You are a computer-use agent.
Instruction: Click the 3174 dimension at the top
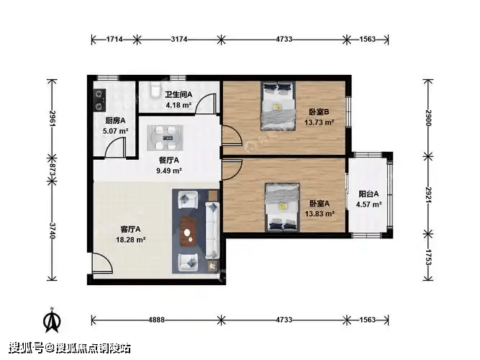click(179, 39)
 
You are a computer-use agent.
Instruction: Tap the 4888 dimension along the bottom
click(156, 320)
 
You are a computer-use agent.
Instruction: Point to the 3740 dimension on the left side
click(53, 230)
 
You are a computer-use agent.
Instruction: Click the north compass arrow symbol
click(52, 320)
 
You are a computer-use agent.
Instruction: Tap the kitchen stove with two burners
click(99, 100)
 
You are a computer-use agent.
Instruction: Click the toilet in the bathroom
click(155, 89)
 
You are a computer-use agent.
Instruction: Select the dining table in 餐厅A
click(166, 138)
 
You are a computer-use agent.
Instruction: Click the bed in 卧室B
click(278, 106)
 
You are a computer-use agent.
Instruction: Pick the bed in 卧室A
click(282, 207)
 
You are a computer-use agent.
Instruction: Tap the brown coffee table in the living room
click(189, 232)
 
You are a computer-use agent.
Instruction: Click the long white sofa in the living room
click(212, 230)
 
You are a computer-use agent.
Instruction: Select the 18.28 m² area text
click(130, 240)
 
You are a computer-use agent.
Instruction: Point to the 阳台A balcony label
click(368, 194)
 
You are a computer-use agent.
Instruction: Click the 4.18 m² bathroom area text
click(178, 105)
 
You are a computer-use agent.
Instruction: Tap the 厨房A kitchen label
click(115, 121)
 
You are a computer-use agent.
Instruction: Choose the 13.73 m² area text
click(319, 122)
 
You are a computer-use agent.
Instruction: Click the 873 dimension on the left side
click(53, 169)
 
